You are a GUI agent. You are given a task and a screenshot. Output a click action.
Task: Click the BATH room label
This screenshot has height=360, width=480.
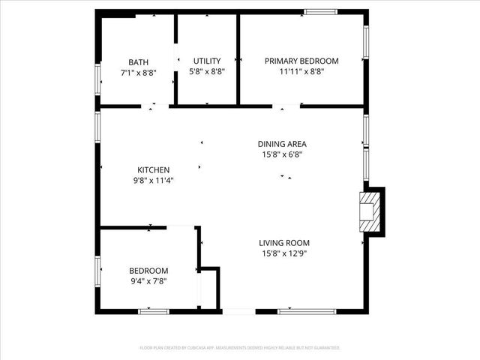pos(138,62)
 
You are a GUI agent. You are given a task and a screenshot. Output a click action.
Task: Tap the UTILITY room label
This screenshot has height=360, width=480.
pos(206,61)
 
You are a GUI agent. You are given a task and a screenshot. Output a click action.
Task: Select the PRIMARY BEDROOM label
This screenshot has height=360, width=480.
pos(301,61)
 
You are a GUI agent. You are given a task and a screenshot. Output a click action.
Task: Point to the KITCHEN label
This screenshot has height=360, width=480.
pos(153,169)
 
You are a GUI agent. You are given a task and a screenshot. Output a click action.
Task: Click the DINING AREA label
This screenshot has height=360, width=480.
pos(282,144)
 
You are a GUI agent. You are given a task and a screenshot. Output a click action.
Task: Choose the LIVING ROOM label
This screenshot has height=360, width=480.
pos(284,243)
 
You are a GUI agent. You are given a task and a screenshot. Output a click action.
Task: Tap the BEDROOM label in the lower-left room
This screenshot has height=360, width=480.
pos(148,271)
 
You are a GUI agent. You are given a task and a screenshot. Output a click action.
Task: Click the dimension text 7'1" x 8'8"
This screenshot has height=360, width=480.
pos(138,73)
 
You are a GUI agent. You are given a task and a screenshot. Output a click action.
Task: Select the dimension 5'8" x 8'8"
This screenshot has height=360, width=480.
pos(206,71)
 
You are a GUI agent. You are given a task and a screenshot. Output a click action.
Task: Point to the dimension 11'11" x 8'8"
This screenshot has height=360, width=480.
pos(301,71)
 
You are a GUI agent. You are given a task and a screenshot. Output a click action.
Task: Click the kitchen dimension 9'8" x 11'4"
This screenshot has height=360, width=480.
pos(153,180)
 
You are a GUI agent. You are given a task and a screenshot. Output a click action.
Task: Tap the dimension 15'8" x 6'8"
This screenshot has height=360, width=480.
pos(282,154)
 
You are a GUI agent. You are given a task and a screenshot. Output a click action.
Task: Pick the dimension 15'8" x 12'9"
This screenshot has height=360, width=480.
pos(284,253)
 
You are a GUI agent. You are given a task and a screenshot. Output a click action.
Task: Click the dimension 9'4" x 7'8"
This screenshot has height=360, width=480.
pos(148,281)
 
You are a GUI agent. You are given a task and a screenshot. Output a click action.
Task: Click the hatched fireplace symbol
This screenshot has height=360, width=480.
pos(369,211)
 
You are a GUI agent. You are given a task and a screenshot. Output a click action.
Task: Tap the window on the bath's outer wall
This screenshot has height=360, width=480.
pos(97,77)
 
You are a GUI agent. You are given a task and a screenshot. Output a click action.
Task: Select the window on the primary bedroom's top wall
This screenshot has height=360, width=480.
pos(320,11)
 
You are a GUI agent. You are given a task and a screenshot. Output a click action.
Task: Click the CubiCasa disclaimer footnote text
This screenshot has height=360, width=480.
pos(240,348)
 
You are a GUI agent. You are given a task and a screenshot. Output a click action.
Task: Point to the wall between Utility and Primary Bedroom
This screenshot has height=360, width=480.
pos(238,58)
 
